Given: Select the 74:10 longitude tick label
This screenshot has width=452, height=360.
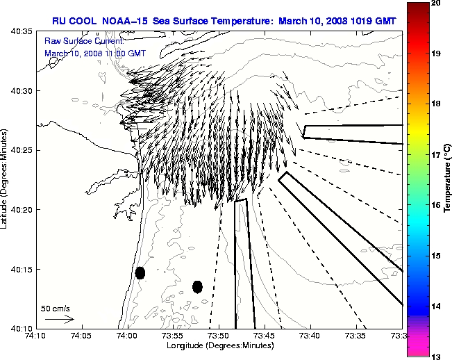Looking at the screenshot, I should (x=37, y=336).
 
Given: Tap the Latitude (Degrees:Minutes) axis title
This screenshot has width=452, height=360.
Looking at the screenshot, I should (x=6, y=179).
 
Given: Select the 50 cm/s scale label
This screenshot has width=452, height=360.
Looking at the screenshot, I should (x=56, y=308).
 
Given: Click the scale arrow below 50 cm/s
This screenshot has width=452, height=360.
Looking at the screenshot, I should (x=60, y=319).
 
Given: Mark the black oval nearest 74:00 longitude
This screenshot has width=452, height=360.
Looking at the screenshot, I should (x=140, y=272).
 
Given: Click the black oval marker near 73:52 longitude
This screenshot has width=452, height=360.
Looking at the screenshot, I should (x=197, y=286).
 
